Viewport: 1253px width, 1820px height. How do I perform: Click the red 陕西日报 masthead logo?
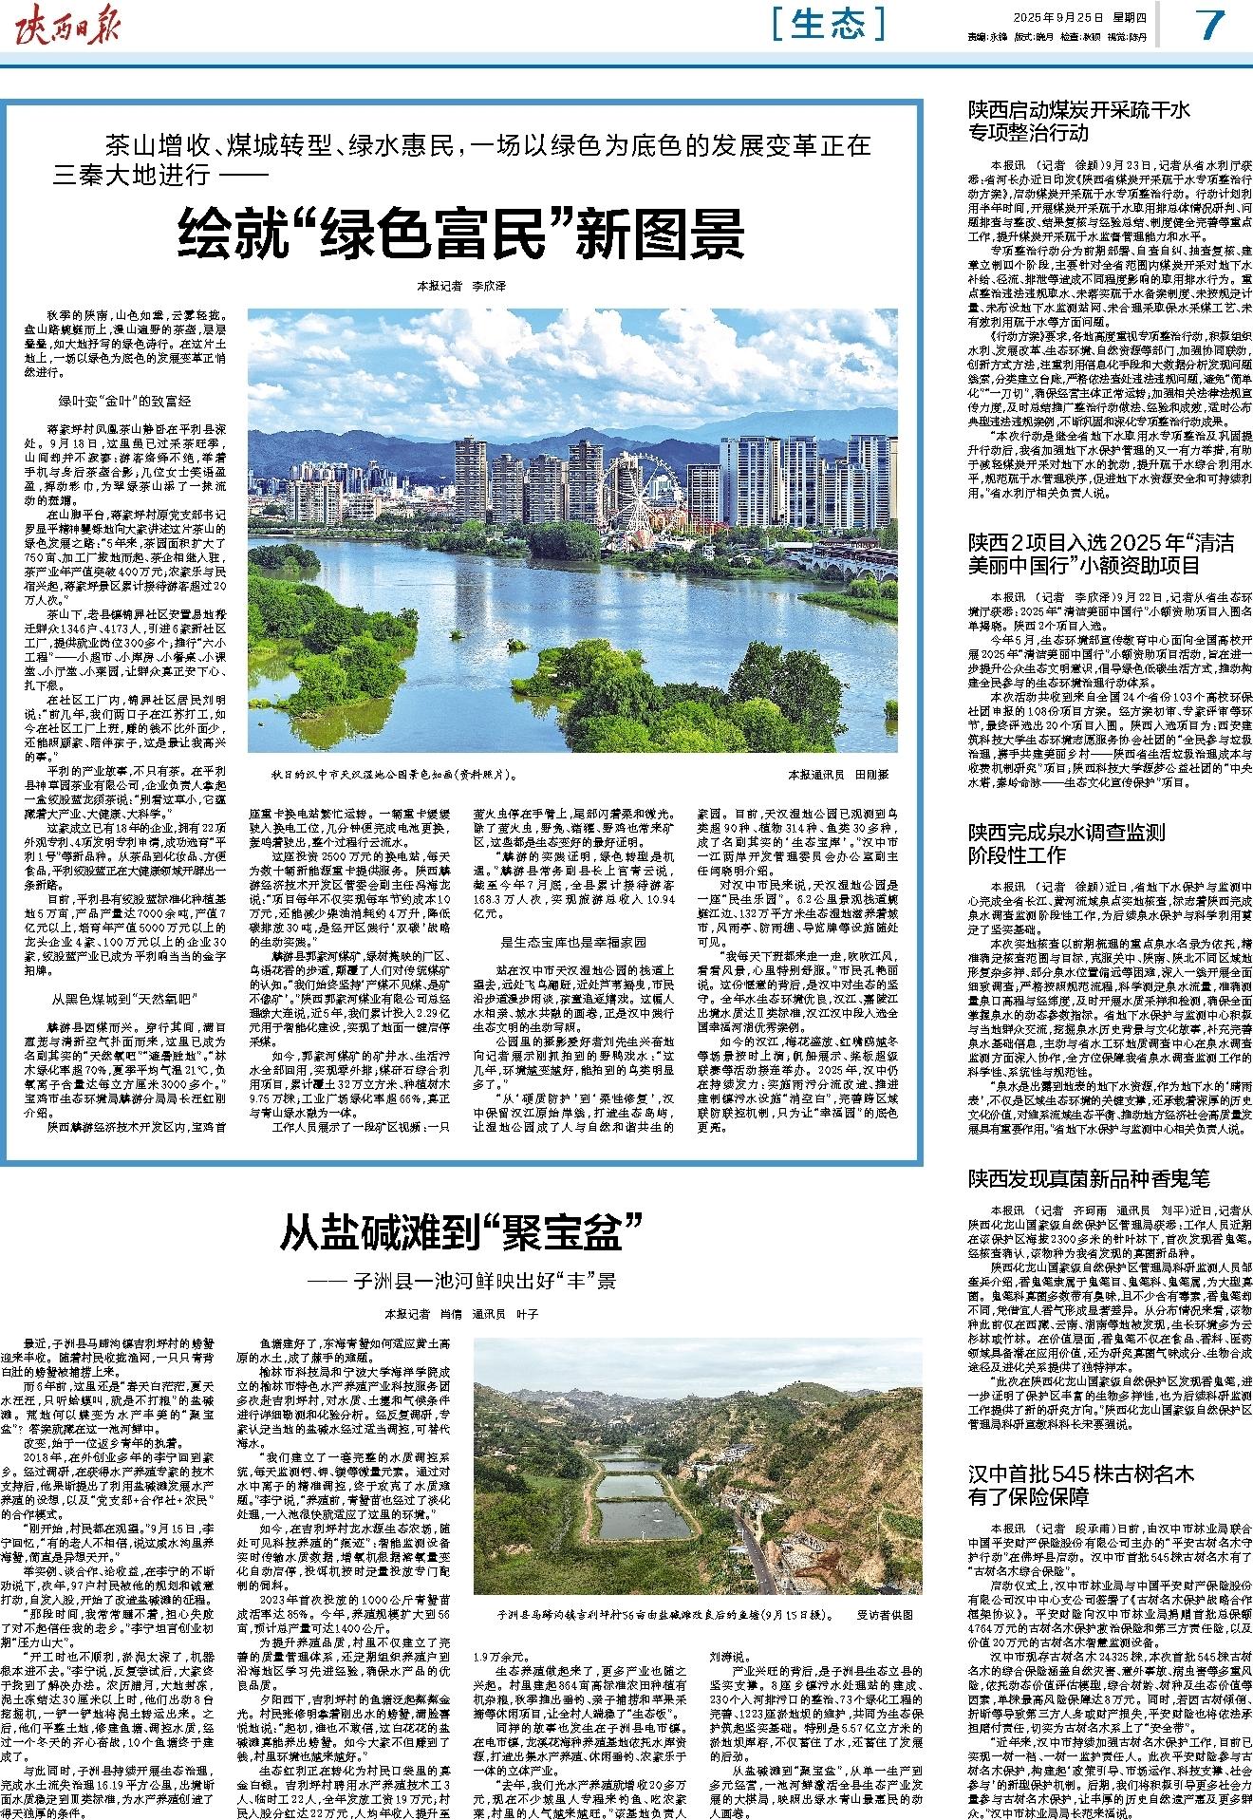[70, 26]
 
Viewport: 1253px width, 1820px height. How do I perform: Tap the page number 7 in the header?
[1210, 26]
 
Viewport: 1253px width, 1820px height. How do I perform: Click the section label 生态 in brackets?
[828, 24]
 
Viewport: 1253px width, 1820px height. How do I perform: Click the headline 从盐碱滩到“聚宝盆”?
[461, 1232]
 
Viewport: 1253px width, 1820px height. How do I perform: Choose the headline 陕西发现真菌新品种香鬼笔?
[1089, 1179]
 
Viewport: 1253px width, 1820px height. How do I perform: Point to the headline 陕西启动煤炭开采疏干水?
[1078, 121]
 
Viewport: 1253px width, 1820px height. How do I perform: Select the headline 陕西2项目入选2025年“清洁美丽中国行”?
[1100, 554]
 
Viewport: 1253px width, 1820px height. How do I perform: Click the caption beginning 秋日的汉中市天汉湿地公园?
[389, 774]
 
